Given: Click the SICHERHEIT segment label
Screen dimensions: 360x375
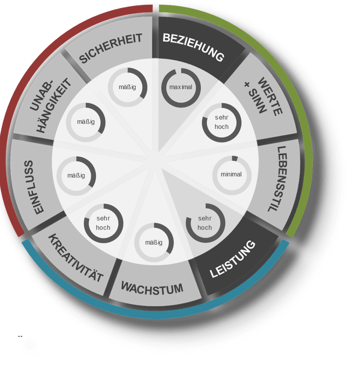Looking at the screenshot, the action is (x=110, y=48).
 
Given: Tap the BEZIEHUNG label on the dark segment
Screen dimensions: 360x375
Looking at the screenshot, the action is (x=194, y=47).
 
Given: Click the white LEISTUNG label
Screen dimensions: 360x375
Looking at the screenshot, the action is (x=233, y=259).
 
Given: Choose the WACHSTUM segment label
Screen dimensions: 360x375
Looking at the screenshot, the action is (x=152, y=288).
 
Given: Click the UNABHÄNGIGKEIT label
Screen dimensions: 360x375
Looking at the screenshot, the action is (x=51, y=105).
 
